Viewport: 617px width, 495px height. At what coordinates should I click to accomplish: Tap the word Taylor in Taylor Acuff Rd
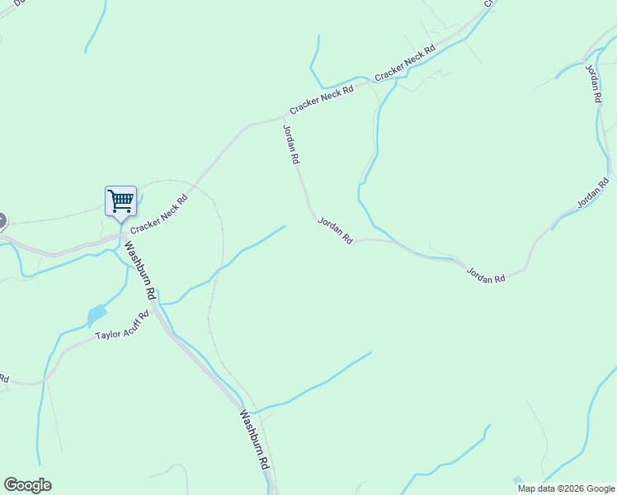(108, 334)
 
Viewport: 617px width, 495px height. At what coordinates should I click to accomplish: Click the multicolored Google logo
(27, 485)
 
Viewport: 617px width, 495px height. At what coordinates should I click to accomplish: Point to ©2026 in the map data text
(572, 488)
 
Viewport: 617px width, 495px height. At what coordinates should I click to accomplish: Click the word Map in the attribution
(527, 488)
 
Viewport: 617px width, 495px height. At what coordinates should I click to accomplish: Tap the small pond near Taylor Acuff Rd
(97, 314)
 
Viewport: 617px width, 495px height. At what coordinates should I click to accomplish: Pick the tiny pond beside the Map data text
(517, 479)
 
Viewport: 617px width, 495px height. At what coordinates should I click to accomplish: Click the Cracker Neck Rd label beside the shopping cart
(159, 214)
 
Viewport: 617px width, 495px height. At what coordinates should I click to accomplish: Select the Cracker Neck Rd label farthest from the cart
(405, 64)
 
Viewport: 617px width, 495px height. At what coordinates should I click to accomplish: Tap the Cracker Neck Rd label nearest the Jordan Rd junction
(321, 99)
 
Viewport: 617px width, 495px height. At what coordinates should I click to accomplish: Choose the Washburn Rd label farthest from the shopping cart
(255, 441)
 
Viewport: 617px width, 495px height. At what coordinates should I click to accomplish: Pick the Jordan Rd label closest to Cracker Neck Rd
(290, 145)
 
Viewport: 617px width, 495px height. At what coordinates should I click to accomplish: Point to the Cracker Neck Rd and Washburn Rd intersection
(124, 233)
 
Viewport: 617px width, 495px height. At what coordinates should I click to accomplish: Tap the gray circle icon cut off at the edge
(2, 220)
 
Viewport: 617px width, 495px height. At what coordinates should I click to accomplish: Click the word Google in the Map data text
(601, 488)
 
